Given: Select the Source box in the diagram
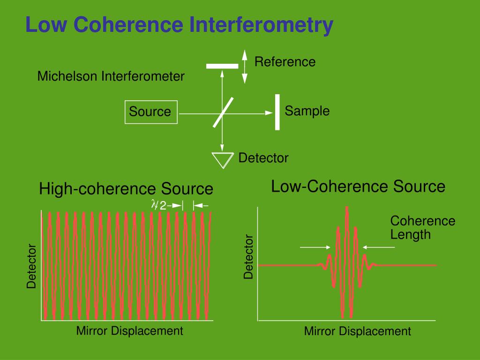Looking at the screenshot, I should point(151,112).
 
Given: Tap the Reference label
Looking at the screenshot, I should point(285,62).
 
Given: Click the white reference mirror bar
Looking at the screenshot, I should point(222,66).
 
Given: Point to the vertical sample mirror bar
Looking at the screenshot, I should point(277,112).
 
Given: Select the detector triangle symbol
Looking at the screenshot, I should point(223,160).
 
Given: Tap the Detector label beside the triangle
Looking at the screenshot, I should point(263,158).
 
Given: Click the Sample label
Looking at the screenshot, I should point(307,111).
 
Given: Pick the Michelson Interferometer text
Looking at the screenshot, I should point(111,76).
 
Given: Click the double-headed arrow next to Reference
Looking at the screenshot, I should point(244,67).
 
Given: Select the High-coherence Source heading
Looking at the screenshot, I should point(126,189).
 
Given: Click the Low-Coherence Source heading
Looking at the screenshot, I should point(358,187).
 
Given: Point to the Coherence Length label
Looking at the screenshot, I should point(422,227).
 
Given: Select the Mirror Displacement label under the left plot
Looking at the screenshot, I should point(129,331).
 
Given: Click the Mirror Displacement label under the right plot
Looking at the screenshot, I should point(357,331).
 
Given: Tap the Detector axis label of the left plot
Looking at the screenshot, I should point(31,266).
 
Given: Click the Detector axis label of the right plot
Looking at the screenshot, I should point(248,257).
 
